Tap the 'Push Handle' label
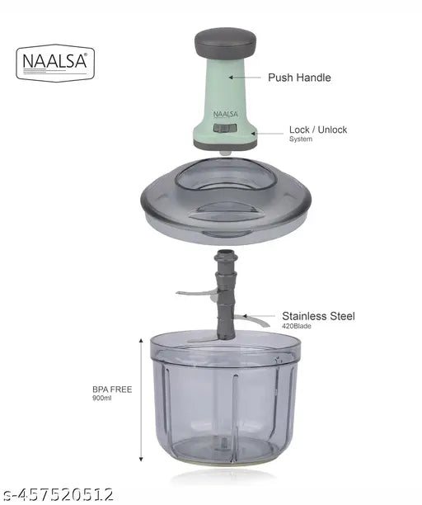[299, 78]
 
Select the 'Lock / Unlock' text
[317, 130]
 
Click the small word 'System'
[300, 139]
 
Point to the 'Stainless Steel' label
[318, 315]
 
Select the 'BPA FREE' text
[112, 389]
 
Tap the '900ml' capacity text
[103, 399]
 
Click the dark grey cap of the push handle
[224, 40]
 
